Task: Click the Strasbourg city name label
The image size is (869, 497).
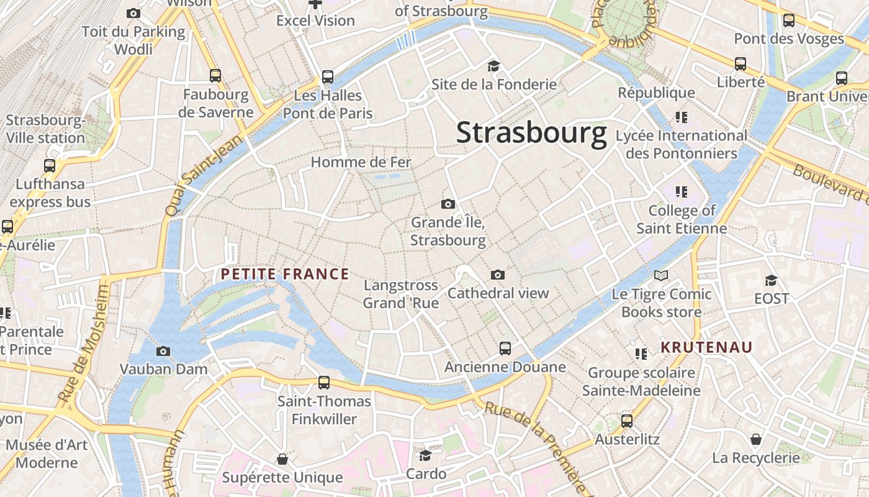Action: [x=531, y=133]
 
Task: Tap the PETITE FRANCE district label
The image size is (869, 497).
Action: [x=285, y=274]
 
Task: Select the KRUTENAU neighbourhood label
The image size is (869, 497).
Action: [x=706, y=347]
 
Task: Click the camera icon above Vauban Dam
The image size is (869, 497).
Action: [x=163, y=352]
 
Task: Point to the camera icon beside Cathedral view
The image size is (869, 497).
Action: [x=498, y=275]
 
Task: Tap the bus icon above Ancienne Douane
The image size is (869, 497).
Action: [x=505, y=349]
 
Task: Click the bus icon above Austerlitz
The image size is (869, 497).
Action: [x=627, y=421]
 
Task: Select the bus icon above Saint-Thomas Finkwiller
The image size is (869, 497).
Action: [x=324, y=383]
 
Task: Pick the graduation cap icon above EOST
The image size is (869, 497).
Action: [x=772, y=280]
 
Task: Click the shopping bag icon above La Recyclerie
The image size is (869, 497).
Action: [x=756, y=440]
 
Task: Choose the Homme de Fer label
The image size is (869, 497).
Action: [x=361, y=163]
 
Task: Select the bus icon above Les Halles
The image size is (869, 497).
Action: [x=328, y=77]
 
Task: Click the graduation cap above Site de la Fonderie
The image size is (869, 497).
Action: [x=494, y=66]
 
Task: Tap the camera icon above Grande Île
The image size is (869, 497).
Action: [x=448, y=204]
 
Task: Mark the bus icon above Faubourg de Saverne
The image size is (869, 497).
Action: [x=215, y=76]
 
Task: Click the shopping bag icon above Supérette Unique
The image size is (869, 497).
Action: [x=282, y=459]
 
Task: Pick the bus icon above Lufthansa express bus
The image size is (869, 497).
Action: [x=50, y=166]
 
